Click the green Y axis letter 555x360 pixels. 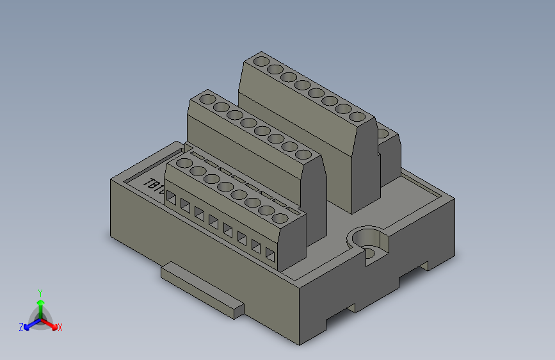pyautogui.click(x=40, y=291)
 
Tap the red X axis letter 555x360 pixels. pyautogui.click(x=60, y=327)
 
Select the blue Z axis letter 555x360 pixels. pyautogui.click(x=21, y=327)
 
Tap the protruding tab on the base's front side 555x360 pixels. pyautogui.click(x=201, y=291)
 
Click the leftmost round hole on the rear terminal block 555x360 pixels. pyautogui.click(x=261, y=62)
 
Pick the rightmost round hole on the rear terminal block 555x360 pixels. pyautogui.click(x=358, y=117)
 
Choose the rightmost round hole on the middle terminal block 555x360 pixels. pyautogui.click(x=304, y=154)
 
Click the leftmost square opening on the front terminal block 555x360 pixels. pyautogui.click(x=172, y=199)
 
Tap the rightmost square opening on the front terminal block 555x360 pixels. pyautogui.click(x=270, y=256)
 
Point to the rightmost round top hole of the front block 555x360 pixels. pyautogui.click(x=280, y=218)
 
